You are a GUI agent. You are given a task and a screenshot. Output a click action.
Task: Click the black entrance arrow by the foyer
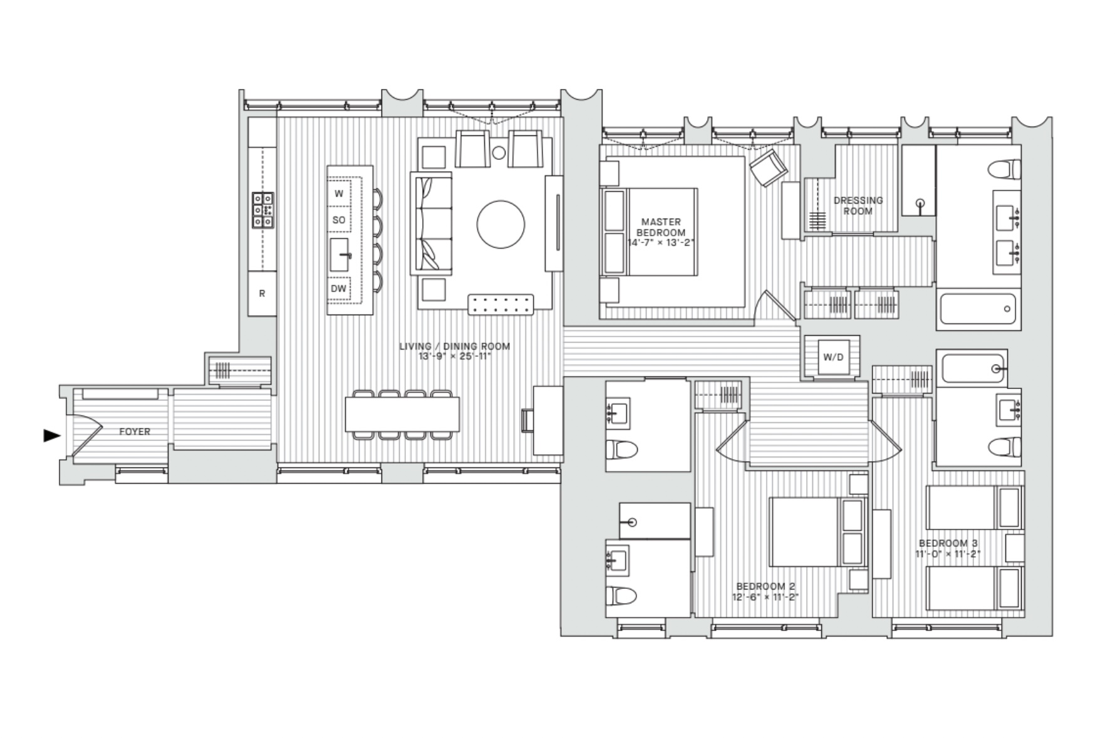pos(51,435)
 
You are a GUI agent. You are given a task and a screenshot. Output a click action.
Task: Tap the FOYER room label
pos(135,432)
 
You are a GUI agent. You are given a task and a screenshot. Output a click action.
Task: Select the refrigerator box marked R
pos(262,293)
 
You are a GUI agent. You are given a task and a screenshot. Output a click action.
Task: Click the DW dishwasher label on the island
pos(338,289)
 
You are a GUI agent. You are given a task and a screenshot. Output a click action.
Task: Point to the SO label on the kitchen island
pos(338,220)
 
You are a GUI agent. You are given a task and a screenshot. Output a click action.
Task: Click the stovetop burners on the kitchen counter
pos(263,209)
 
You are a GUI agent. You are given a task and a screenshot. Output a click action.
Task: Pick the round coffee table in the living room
pos(500,224)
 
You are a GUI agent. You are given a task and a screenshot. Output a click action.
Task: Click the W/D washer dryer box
pos(833,357)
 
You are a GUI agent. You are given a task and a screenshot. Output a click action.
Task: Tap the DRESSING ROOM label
pos(858,205)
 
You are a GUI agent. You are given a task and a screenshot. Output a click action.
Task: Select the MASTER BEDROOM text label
pos(661,227)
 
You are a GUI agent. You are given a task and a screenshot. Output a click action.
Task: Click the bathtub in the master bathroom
pos(978,309)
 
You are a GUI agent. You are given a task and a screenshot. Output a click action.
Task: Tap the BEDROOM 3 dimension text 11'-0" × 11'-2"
pos(947,554)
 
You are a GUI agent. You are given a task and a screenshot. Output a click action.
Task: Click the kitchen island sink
pos(340,255)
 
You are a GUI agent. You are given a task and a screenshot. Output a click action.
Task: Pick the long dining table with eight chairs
pos(402,414)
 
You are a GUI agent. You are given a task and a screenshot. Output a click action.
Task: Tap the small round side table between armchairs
pos(499,152)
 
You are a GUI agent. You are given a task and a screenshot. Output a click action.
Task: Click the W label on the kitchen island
pos(338,194)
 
